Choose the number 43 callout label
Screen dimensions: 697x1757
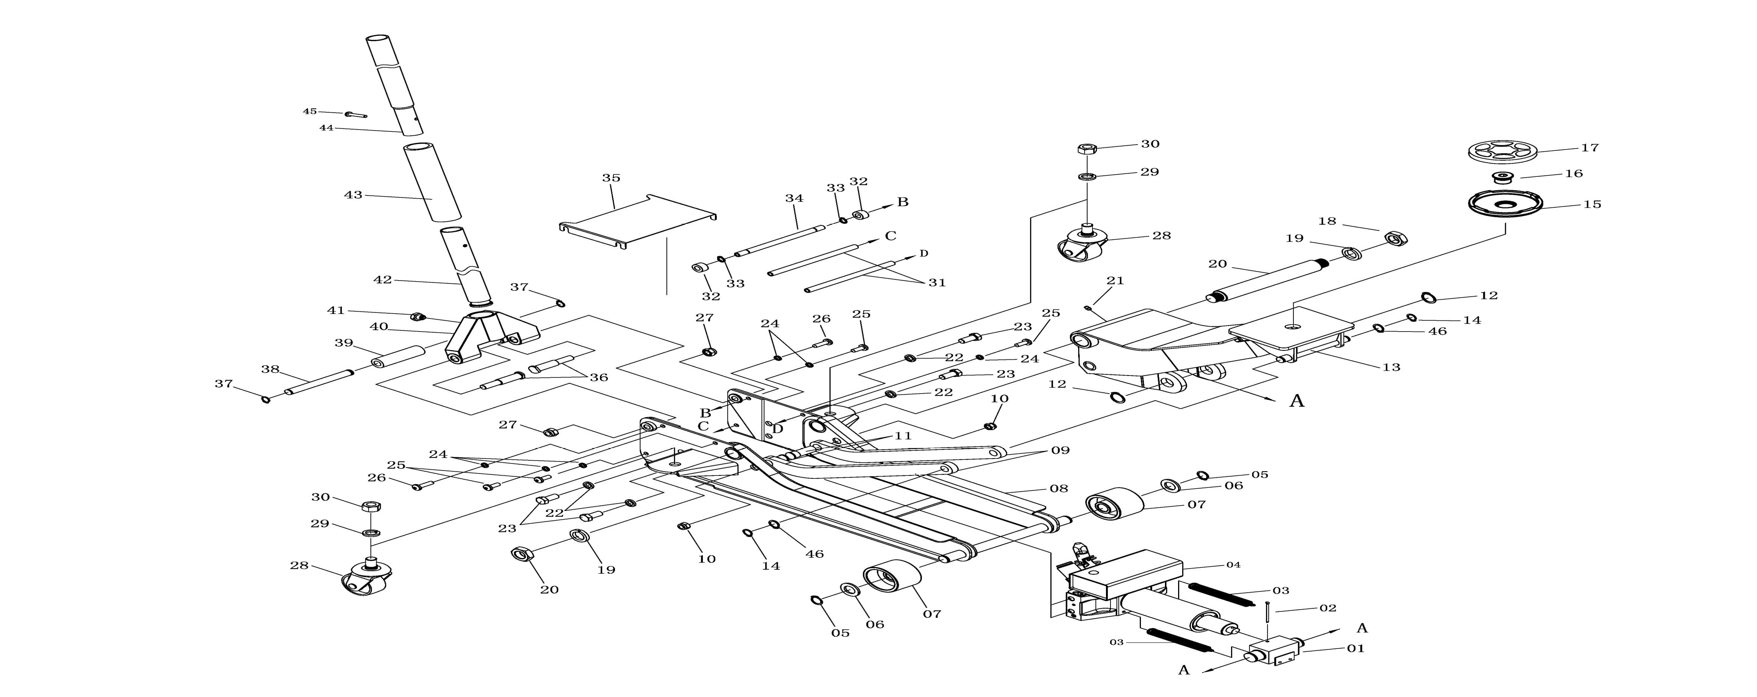[x=353, y=195]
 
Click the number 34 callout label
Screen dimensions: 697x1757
[x=794, y=198]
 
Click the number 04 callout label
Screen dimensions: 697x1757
[x=1233, y=565]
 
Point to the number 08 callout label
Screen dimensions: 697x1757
[x=1059, y=488]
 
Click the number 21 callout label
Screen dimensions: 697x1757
[x=1115, y=280]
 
